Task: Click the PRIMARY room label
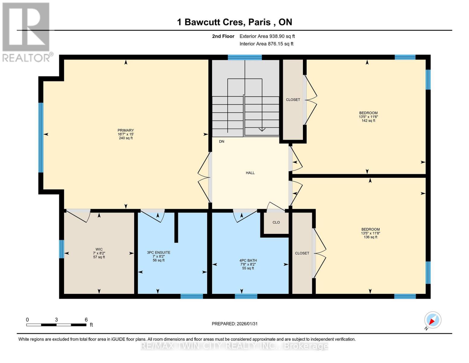point(126,130)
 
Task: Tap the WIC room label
point(99,249)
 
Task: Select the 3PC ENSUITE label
point(159,253)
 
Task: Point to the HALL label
point(250,173)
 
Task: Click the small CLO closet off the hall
point(276,222)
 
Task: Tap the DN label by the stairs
point(222,142)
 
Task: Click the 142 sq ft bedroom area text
point(368,121)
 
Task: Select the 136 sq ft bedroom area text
point(371,237)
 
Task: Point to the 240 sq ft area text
point(126,138)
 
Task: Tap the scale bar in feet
point(56,325)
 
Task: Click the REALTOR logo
point(26,32)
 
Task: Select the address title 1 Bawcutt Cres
point(234,22)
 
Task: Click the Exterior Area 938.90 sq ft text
point(267,36)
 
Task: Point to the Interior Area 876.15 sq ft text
point(266,44)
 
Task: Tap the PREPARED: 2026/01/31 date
point(235,324)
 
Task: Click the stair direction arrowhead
point(262,129)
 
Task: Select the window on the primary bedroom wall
point(41,138)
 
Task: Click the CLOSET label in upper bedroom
point(293,100)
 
